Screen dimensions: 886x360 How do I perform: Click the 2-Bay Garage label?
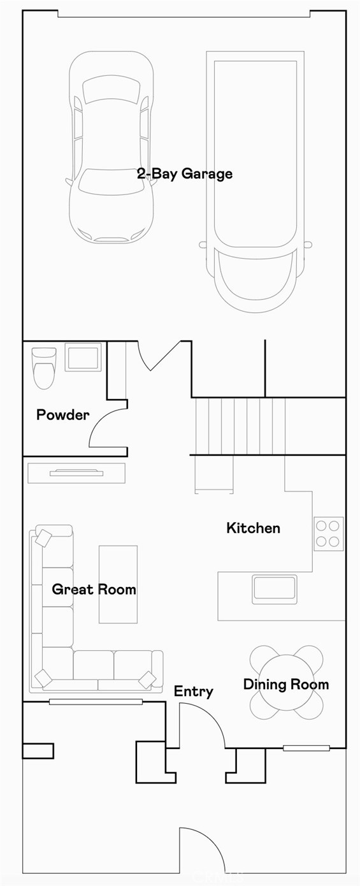point(185,173)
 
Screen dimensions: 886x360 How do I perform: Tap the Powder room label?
point(62,415)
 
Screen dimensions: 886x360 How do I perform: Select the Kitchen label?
point(253,528)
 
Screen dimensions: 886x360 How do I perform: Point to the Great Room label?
point(94,589)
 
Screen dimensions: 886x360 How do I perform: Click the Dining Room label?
point(286,685)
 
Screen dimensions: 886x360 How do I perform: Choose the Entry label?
point(193,692)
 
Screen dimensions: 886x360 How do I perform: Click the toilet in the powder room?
point(44,367)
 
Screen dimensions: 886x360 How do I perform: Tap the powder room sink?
point(83,357)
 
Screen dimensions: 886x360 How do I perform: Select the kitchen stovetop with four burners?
point(328,534)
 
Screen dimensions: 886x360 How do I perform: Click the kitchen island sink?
point(275,588)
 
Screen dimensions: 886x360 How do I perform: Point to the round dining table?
point(286,682)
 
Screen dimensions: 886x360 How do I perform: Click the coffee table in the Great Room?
point(118,584)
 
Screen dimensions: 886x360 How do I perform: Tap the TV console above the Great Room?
point(76,473)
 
